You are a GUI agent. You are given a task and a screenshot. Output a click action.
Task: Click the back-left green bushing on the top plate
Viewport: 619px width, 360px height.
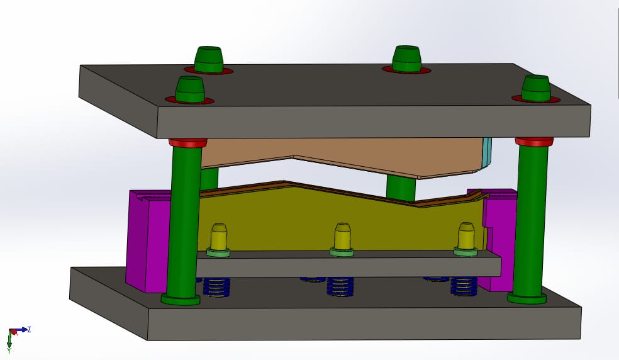coord(208,59)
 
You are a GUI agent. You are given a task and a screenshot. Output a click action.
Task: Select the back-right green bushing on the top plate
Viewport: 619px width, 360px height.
coord(406,59)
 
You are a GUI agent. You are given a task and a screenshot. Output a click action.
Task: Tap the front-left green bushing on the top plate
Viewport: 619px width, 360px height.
coord(189,89)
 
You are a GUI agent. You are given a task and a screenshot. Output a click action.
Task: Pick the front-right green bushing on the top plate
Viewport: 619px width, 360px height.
coord(536,87)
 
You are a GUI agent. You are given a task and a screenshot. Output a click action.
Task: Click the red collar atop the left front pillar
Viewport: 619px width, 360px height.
coord(187,143)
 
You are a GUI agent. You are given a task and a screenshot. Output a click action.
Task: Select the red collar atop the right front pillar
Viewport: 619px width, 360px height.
coord(533,142)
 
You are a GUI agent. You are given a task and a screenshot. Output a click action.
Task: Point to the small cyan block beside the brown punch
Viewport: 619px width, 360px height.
coord(486,152)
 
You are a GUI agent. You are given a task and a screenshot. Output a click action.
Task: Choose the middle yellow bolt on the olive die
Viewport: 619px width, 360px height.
coord(342,236)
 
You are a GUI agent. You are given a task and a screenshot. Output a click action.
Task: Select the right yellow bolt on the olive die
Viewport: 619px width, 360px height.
coord(466,235)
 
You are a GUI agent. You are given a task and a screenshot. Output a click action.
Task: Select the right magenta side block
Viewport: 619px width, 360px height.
coord(500,239)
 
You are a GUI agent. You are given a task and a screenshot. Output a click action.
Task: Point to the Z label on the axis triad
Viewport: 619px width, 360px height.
coord(29,329)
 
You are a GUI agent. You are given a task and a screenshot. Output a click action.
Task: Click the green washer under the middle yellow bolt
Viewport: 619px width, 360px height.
coord(342,252)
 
